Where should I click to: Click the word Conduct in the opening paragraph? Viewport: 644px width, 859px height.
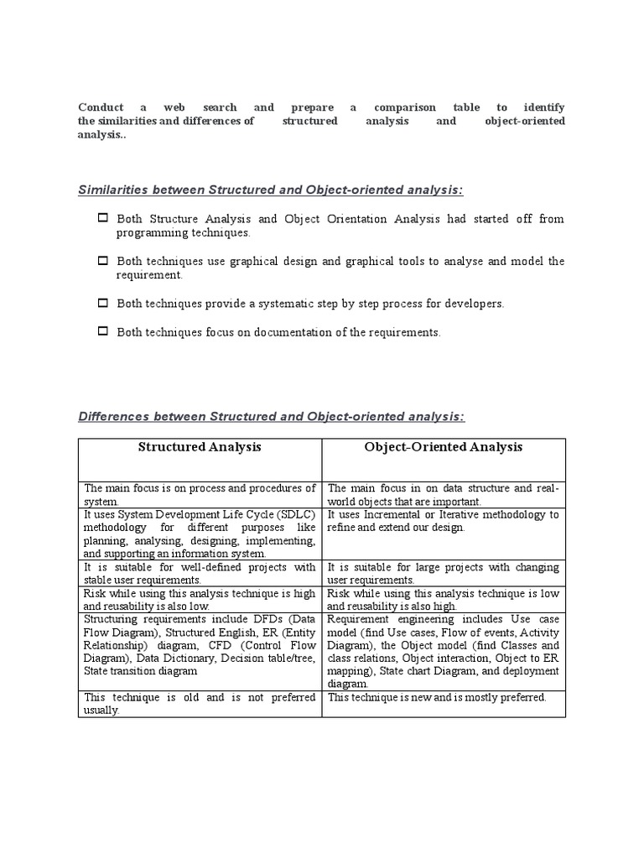click(x=100, y=108)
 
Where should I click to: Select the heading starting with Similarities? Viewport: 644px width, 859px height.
click(x=270, y=190)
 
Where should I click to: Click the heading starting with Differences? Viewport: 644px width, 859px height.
click(x=271, y=417)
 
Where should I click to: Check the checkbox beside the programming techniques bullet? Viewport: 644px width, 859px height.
click(x=103, y=219)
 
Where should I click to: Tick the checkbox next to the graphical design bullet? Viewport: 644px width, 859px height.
click(x=103, y=262)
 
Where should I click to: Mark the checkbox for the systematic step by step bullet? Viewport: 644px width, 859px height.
click(x=103, y=304)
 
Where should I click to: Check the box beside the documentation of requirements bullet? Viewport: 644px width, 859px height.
click(x=103, y=332)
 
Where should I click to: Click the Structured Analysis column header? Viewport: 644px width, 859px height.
click(x=200, y=448)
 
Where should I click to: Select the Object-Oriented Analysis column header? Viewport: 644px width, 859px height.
click(x=443, y=448)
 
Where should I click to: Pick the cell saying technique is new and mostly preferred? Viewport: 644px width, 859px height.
click(x=437, y=697)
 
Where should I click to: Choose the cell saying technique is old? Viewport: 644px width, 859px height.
click(x=200, y=703)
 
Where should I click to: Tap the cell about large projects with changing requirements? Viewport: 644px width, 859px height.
click(x=443, y=574)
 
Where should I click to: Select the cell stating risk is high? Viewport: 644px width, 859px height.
click(x=200, y=599)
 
